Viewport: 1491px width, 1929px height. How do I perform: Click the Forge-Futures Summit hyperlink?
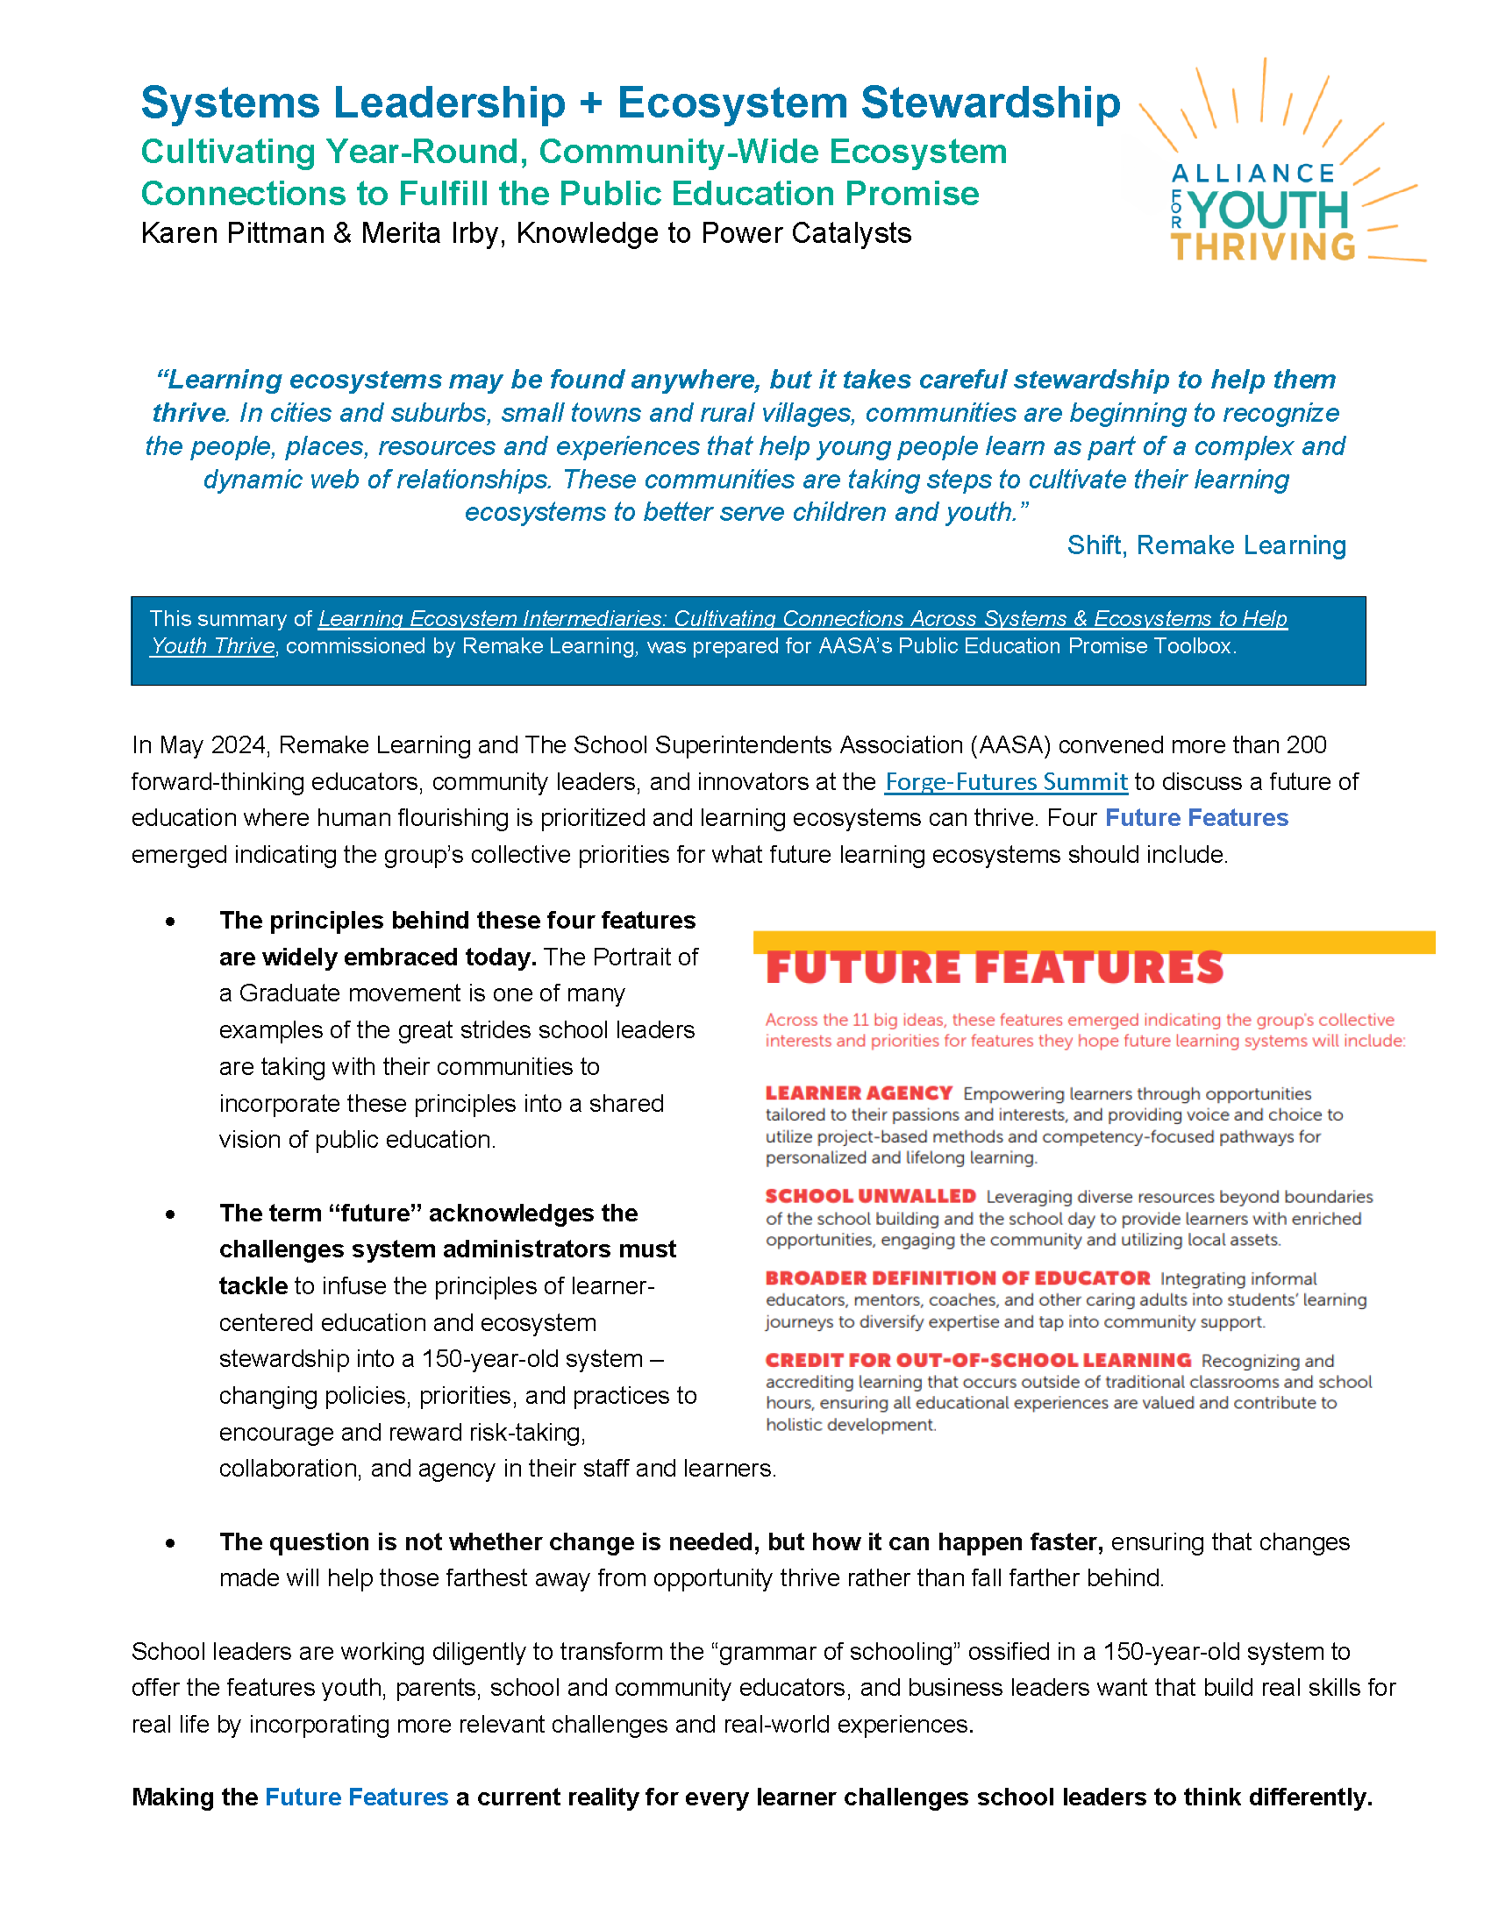click(1005, 781)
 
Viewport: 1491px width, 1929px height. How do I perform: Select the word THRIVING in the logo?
click(1263, 247)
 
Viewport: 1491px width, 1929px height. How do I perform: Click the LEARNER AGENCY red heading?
click(858, 1093)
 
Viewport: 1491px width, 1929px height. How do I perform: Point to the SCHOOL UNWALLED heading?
click(870, 1196)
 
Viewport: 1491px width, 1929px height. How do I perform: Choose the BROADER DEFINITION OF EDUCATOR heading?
click(958, 1278)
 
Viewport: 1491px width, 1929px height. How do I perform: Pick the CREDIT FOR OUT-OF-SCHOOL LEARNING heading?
click(978, 1360)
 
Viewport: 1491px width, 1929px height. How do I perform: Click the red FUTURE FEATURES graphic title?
click(994, 968)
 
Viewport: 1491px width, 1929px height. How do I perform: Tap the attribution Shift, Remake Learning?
click(1206, 545)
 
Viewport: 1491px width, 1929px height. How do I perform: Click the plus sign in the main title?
click(591, 103)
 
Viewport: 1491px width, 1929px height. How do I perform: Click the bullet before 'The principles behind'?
click(170, 922)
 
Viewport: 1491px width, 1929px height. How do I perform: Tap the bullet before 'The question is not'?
click(170, 1543)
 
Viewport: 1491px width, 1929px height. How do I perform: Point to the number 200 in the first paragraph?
click(1306, 744)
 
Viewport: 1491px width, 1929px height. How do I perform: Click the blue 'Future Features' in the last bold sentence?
click(356, 1797)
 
